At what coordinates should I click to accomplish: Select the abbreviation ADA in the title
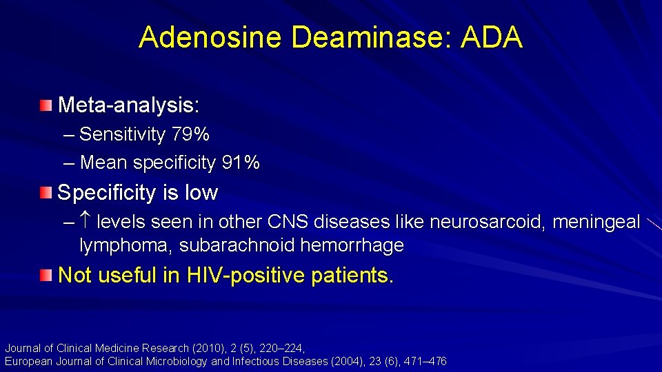(x=492, y=37)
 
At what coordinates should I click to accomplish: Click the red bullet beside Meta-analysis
(x=46, y=105)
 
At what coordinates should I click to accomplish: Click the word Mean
(x=104, y=163)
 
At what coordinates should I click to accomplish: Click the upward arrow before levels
(x=87, y=223)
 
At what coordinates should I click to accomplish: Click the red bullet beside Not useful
(x=46, y=276)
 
